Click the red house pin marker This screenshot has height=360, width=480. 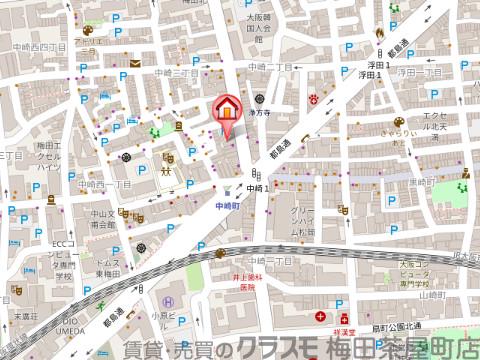click(227, 108)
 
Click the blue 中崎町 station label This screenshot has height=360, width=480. click(230, 204)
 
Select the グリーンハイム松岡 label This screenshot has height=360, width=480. click(305, 225)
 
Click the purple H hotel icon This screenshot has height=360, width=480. click(167, 303)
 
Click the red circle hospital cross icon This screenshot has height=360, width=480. click(320, 317)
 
